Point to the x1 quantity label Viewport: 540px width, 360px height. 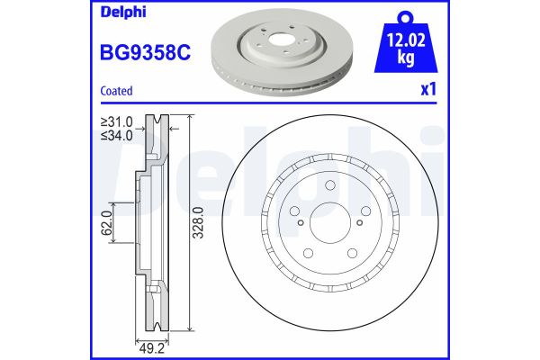pyautogui.click(x=428, y=91)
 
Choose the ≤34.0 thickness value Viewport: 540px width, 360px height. pyautogui.click(x=118, y=135)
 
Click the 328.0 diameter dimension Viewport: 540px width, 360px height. pyautogui.click(x=200, y=220)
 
